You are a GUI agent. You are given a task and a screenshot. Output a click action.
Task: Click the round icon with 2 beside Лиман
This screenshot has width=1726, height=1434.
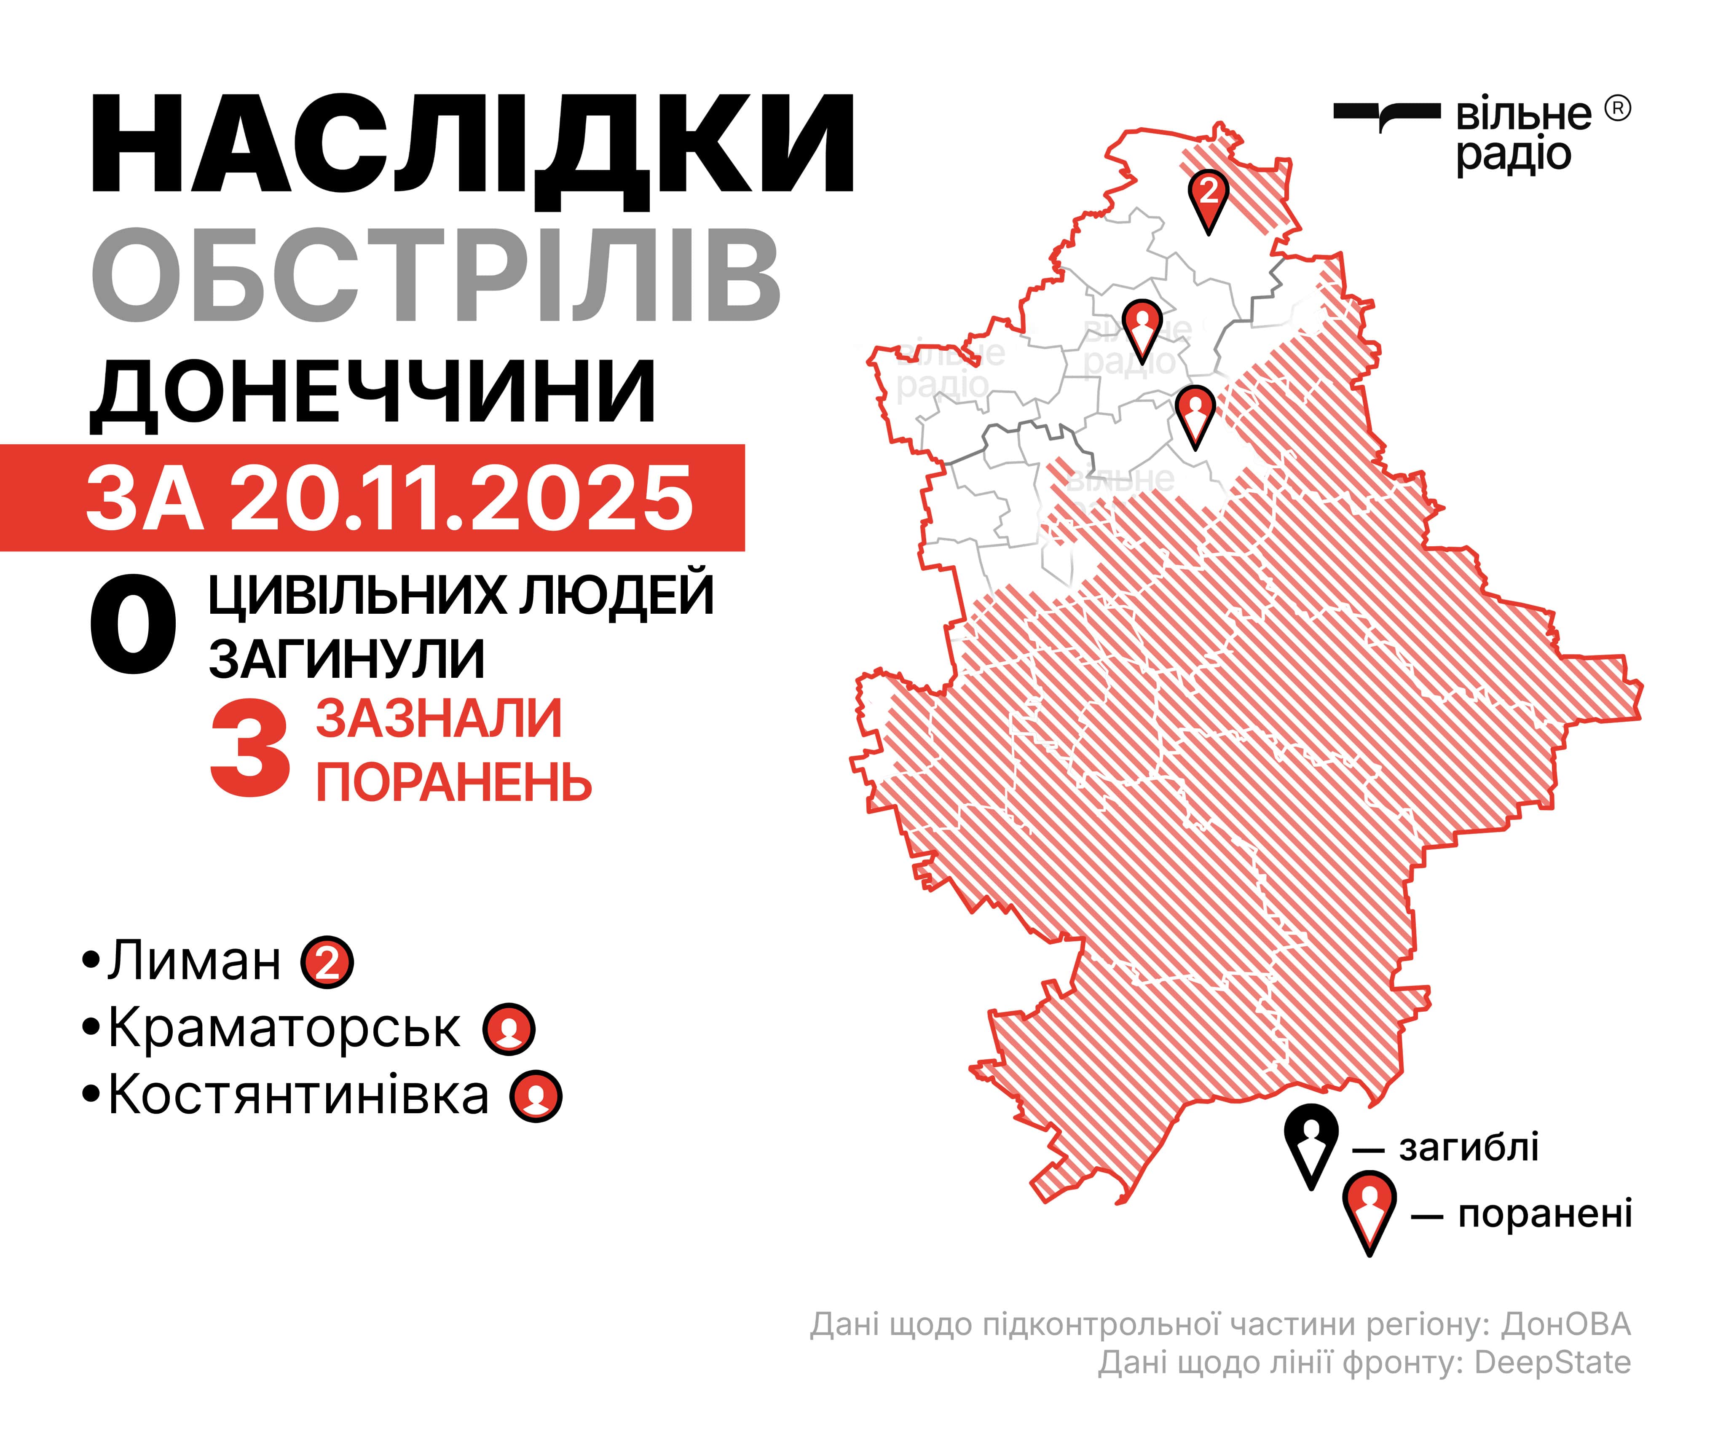pyautogui.click(x=327, y=962)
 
